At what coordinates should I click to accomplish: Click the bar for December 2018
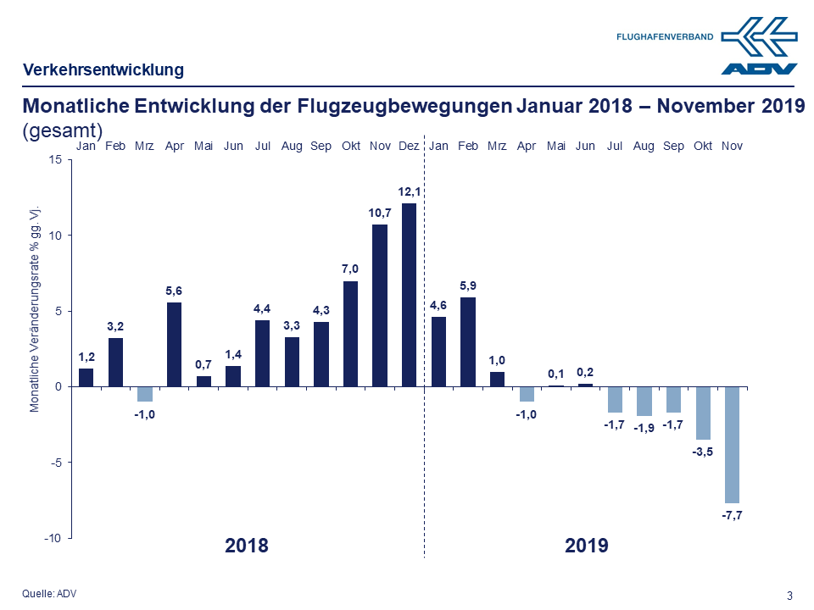[409, 295]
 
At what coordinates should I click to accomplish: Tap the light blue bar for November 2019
[732, 444]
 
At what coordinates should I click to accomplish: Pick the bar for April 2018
[174, 344]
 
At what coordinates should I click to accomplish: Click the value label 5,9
[468, 286]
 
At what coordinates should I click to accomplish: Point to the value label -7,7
[732, 515]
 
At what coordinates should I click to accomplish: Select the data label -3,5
[703, 452]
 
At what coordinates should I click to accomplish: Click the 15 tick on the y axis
[56, 160]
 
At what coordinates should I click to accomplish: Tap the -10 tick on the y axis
[53, 538]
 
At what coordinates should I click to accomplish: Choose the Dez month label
[409, 147]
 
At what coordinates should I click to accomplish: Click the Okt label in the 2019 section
[703, 147]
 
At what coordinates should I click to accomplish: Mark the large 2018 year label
[247, 545]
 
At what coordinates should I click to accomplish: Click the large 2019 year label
[587, 545]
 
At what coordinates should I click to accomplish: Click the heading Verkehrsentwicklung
[103, 69]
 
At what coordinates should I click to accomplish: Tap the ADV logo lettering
[759, 69]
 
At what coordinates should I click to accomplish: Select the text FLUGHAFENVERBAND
[664, 37]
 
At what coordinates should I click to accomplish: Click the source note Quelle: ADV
[49, 593]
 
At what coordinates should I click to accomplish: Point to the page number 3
[790, 595]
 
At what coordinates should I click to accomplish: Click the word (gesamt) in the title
[63, 130]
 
